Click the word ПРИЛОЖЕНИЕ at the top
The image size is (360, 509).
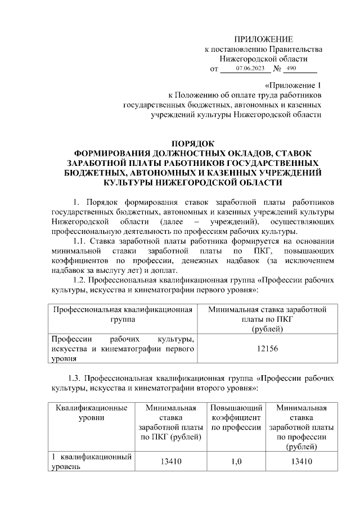click(x=264, y=39)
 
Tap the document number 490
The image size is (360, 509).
click(x=291, y=69)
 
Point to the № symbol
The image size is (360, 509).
click(x=277, y=69)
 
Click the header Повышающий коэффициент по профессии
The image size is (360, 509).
click(x=236, y=417)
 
